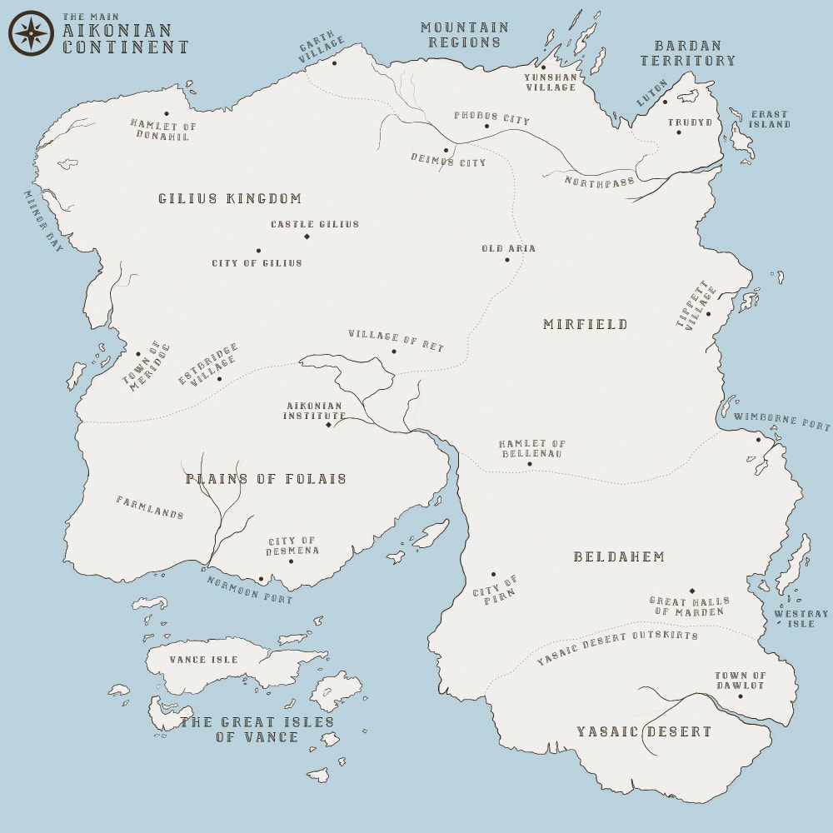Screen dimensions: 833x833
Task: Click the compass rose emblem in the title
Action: click(x=31, y=33)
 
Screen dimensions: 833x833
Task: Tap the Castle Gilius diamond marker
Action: click(x=307, y=237)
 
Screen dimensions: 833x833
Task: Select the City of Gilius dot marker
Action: click(x=258, y=250)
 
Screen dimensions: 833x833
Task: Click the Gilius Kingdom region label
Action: click(x=230, y=199)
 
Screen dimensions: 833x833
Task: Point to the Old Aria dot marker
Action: click(x=506, y=259)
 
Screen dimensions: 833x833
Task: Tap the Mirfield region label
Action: click(x=586, y=324)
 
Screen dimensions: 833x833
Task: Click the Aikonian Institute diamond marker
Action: click(x=328, y=425)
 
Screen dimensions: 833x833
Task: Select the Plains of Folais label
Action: click(x=266, y=479)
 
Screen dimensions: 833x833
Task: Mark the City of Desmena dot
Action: click(x=291, y=561)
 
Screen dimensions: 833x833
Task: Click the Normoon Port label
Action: click(x=250, y=590)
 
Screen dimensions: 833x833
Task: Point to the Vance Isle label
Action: click(x=203, y=660)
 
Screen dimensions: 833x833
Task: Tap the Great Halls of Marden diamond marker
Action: click(x=691, y=591)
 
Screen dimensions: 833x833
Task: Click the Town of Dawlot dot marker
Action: click(x=740, y=696)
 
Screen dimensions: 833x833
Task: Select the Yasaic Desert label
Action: click(x=644, y=732)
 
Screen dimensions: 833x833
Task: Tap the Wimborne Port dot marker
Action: click(x=758, y=439)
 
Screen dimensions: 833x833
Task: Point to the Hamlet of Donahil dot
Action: click(x=166, y=113)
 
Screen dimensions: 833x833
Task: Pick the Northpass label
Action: click(x=599, y=181)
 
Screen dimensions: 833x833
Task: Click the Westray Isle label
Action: click(x=801, y=619)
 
